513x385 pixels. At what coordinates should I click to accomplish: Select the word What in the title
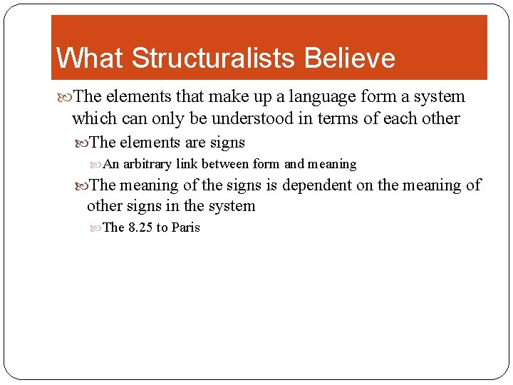[x=90, y=58]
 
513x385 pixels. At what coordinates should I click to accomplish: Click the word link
[x=187, y=164]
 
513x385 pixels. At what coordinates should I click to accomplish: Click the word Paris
[x=185, y=227]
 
